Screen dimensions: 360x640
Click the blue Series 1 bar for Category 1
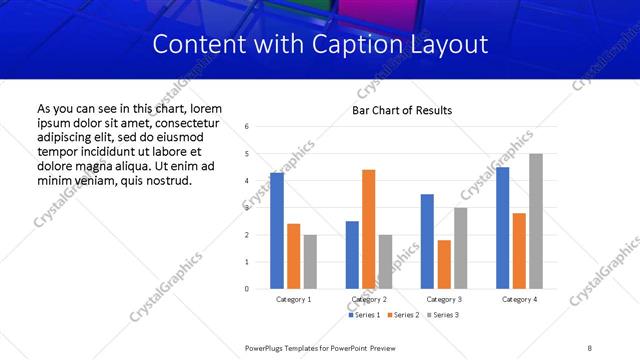pyautogui.click(x=277, y=231)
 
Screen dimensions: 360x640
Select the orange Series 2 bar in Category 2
pyautogui.click(x=368, y=229)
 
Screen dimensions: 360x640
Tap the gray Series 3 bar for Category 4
pyautogui.click(x=536, y=221)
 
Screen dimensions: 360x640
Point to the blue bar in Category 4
pyautogui.click(x=502, y=228)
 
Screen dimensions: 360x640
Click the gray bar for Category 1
pyautogui.click(x=310, y=262)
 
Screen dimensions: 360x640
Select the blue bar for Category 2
pyautogui.click(x=352, y=255)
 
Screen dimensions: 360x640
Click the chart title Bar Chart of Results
pyautogui.click(x=402, y=110)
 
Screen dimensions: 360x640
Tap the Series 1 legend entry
pyautogui.click(x=363, y=315)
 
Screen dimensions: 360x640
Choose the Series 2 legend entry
pyautogui.click(x=403, y=315)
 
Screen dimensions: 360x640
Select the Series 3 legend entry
pyautogui.click(x=442, y=315)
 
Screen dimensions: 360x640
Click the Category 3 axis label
pyautogui.click(x=443, y=299)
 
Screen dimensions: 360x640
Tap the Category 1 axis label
pyautogui.click(x=293, y=299)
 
